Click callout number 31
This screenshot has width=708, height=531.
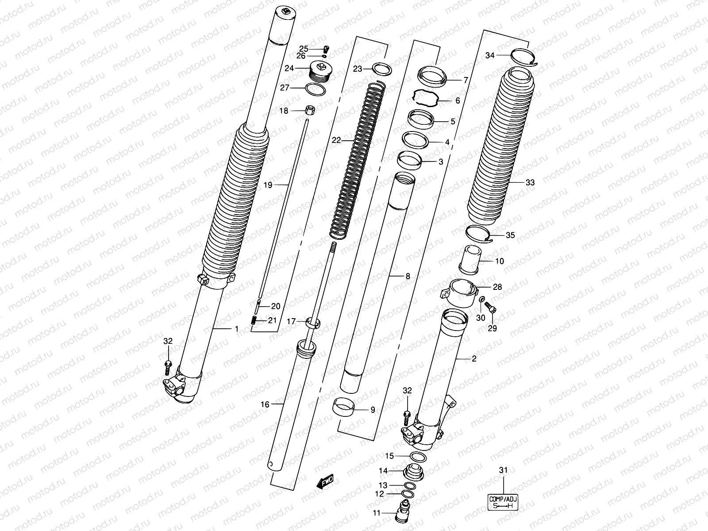pos(503,470)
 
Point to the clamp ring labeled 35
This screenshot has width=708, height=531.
pos(481,233)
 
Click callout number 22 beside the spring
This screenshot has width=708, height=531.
pos(337,140)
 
